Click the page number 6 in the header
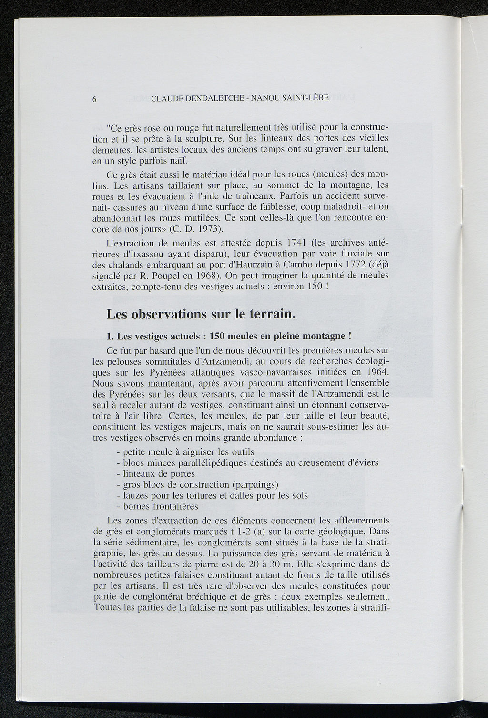coord(95,99)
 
